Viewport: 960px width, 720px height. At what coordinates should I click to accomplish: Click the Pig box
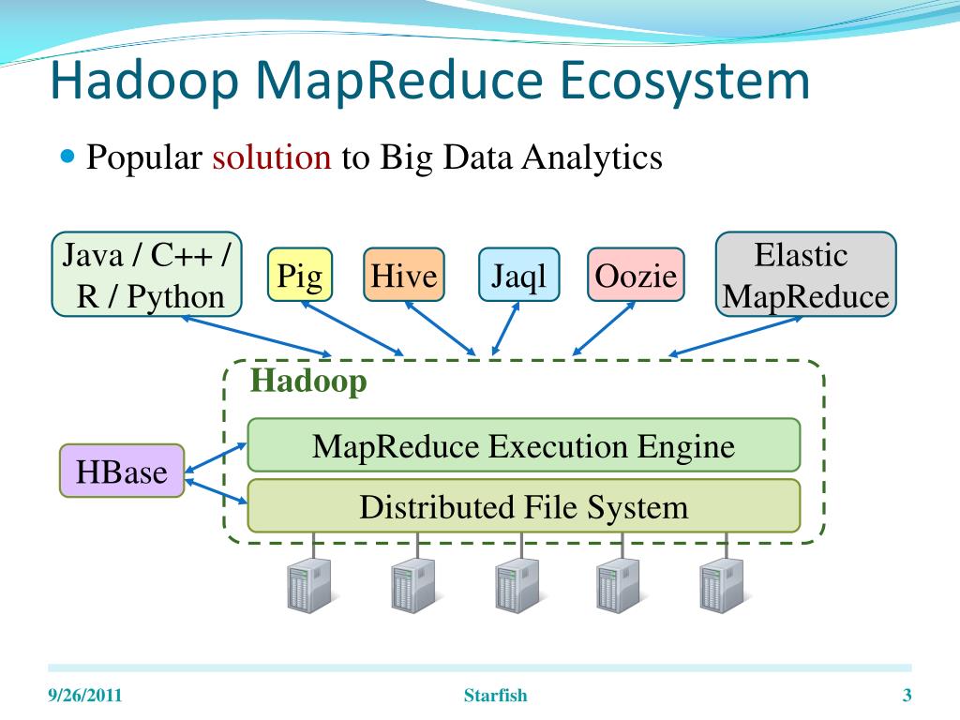[x=300, y=275]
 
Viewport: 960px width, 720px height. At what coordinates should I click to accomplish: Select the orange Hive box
[x=404, y=276]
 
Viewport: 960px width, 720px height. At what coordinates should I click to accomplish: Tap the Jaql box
[x=518, y=276]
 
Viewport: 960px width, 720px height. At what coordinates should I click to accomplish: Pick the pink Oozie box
[x=636, y=276]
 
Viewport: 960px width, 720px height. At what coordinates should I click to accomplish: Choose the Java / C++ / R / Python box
[x=146, y=275]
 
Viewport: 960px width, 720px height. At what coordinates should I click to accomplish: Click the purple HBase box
[x=122, y=471]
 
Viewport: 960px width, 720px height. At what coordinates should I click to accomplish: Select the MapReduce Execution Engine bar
[x=523, y=445]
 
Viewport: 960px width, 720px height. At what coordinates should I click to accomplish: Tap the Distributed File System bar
[x=523, y=506]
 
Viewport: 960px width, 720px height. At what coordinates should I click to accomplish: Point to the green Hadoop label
[x=308, y=382]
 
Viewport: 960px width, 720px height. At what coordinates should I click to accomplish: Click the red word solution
[x=272, y=157]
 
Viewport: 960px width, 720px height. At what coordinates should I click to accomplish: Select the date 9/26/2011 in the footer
[x=85, y=696]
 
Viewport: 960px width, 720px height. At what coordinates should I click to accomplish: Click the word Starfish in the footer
[x=496, y=696]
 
